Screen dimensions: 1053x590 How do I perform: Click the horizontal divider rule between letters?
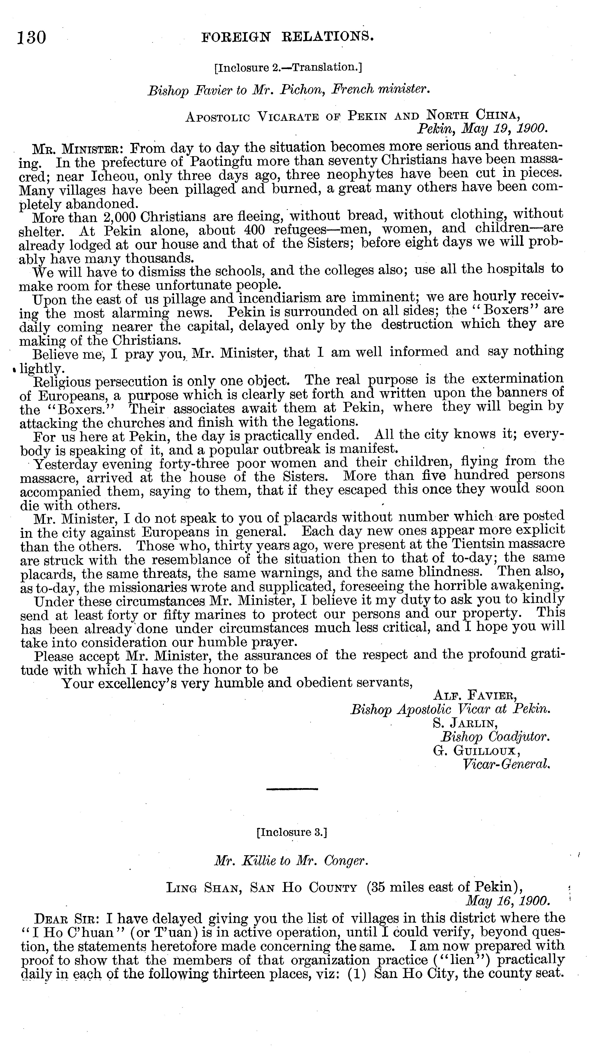tap(292, 789)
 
